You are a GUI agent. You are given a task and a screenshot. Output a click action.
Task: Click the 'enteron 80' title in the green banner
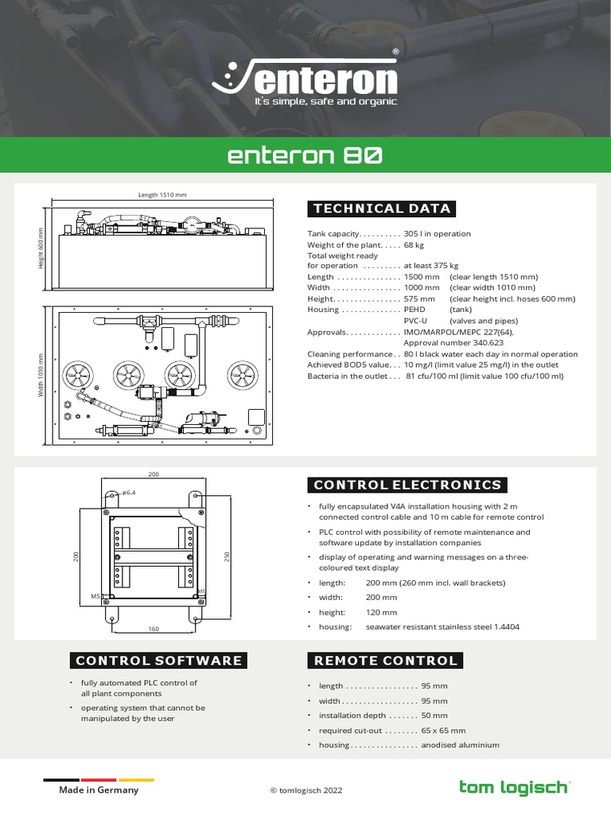pyautogui.click(x=305, y=155)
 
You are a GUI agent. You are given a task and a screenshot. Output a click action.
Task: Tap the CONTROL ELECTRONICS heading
pyautogui.click(x=407, y=485)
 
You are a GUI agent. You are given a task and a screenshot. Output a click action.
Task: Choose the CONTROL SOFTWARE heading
pyautogui.click(x=158, y=660)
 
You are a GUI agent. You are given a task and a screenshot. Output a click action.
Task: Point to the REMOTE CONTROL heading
pyautogui.click(x=386, y=660)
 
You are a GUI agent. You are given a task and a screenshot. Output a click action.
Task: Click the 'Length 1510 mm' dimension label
pyautogui.click(x=162, y=195)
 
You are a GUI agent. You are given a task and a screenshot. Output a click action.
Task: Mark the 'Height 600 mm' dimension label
pyautogui.click(x=41, y=248)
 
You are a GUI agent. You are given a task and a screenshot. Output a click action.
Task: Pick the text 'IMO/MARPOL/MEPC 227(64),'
pyautogui.click(x=459, y=332)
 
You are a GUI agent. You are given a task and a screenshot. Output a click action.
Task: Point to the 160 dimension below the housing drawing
pyautogui.click(x=154, y=629)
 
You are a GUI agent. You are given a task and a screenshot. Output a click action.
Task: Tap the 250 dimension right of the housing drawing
pyautogui.click(x=227, y=557)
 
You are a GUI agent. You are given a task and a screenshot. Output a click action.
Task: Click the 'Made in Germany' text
pyautogui.click(x=99, y=790)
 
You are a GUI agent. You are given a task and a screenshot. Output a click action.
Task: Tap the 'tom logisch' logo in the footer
pyautogui.click(x=515, y=787)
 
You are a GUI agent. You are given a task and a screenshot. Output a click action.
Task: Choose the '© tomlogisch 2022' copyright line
pyautogui.click(x=306, y=790)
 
